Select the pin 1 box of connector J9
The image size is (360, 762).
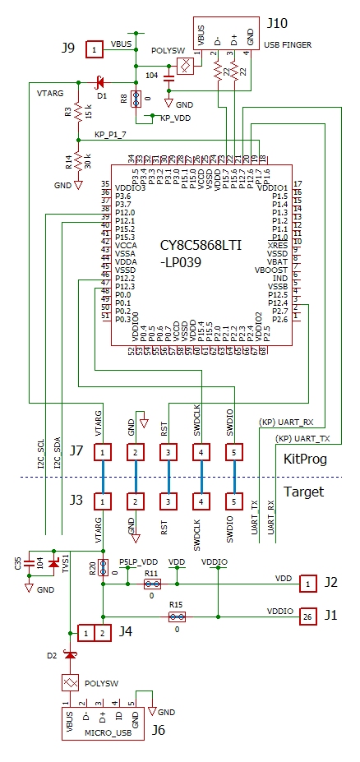click(x=95, y=50)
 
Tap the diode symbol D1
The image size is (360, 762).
click(x=101, y=82)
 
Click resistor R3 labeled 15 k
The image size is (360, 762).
click(x=77, y=110)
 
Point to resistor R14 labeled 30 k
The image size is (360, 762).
click(x=77, y=160)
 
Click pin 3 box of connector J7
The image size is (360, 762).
click(x=168, y=452)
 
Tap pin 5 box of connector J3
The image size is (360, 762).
click(x=234, y=501)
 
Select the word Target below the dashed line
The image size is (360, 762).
click(x=303, y=492)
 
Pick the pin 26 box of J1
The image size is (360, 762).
click(x=307, y=616)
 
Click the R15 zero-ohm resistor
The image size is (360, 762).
click(x=176, y=616)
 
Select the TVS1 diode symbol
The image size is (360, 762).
click(x=54, y=563)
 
